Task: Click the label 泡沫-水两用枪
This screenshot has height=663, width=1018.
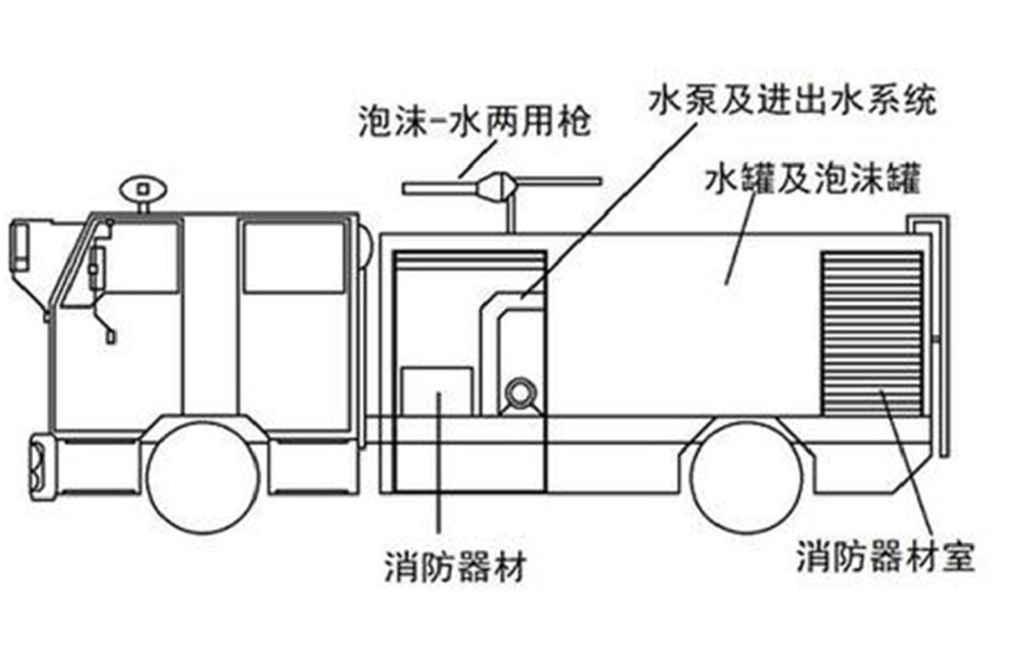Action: click(x=474, y=122)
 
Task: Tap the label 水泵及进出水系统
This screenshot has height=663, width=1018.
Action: click(x=794, y=101)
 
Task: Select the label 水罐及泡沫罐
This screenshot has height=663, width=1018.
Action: click(x=813, y=179)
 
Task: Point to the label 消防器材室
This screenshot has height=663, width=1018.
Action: click(x=885, y=556)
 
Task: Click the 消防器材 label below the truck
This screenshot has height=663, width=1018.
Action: click(x=454, y=568)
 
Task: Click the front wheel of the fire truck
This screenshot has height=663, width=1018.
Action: click(x=204, y=476)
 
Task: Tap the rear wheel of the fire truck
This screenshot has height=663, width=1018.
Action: click(x=746, y=477)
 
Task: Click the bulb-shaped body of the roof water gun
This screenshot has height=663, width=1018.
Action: click(x=498, y=186)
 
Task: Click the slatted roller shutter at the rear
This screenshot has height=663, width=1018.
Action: click(x=872, y=333)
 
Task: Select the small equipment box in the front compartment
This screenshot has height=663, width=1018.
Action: click(x=436, y=391)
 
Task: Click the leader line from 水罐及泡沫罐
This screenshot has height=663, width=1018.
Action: click(x=741, y=240)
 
